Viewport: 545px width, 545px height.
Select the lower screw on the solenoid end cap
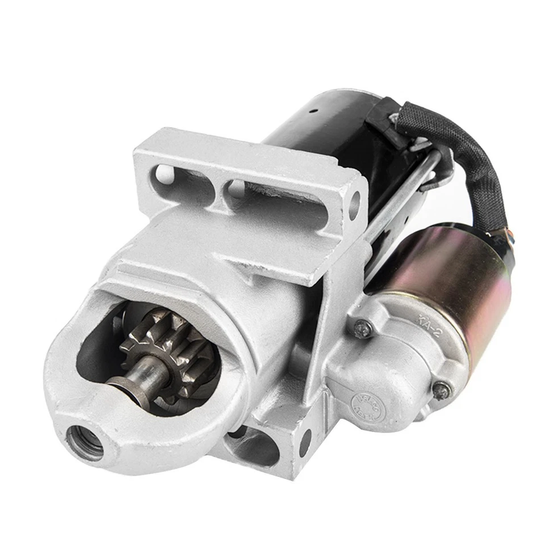(x=441, y=390)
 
